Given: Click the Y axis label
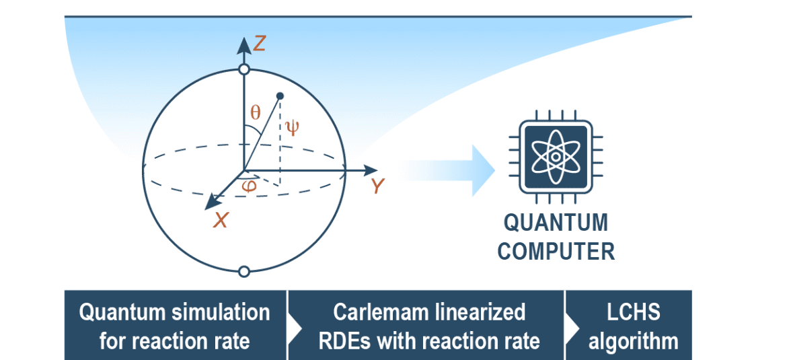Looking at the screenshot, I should coord(378,186).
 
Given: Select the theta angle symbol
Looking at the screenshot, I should coord(255,113).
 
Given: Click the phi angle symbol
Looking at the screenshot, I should coord(249,185).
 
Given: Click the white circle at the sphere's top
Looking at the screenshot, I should coord(244,69).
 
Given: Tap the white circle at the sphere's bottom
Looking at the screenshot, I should coord(244,271).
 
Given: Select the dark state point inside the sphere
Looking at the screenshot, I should coord(280,95).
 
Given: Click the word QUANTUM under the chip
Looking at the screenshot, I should coord(556,222).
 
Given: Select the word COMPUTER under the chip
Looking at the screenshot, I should coord(556,252).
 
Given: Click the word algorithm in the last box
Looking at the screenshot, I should coord(633,341).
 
